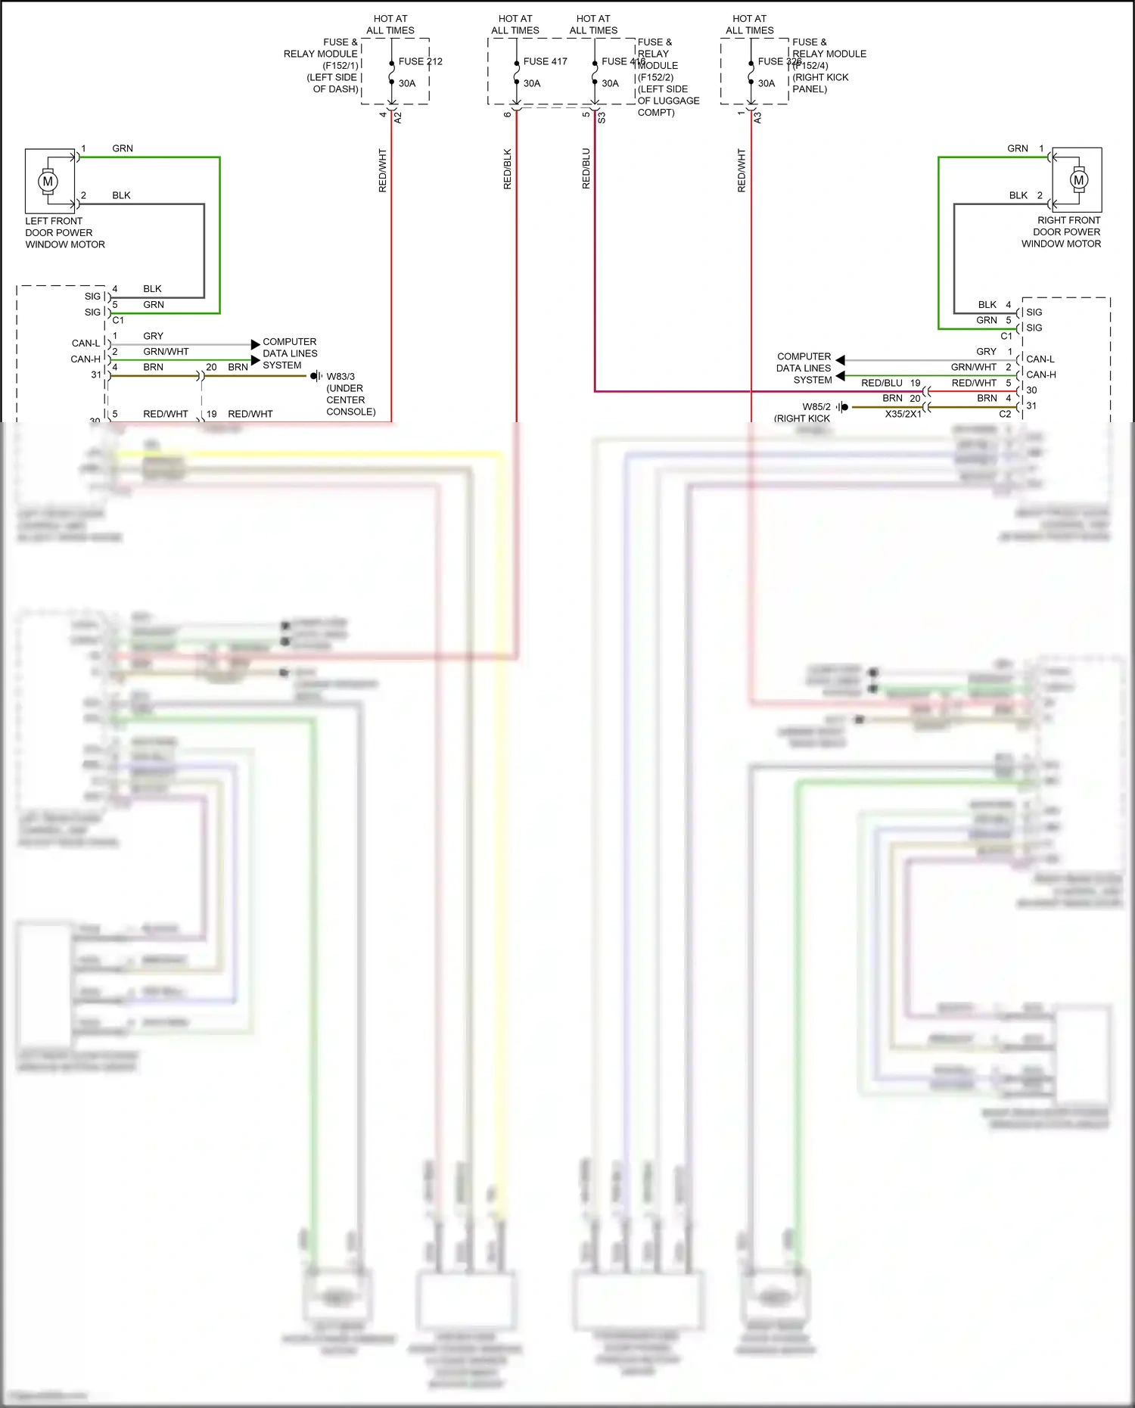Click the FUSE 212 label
pos(420,61)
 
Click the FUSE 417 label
pos(545,61)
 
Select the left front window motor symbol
pos(48,182)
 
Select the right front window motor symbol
pos(1079,180)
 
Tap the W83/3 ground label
pos(340,376)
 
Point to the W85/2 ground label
pos(816,406)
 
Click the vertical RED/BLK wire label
pos(508,169)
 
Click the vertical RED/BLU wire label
pos(586,169)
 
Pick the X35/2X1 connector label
pos(903,414)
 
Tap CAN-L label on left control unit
pos(86,343)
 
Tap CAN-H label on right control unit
pos(1041,375)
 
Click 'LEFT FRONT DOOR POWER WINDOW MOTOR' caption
pos(64,232)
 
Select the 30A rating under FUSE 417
pos(532,83)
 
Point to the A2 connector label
pos(399,117)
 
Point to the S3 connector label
pos(602,117)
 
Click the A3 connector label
pos(758,117)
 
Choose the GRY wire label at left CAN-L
pos(153,336)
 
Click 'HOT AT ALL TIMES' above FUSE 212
pos(390,24)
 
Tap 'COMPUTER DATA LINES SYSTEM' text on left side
pos(290,353)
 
